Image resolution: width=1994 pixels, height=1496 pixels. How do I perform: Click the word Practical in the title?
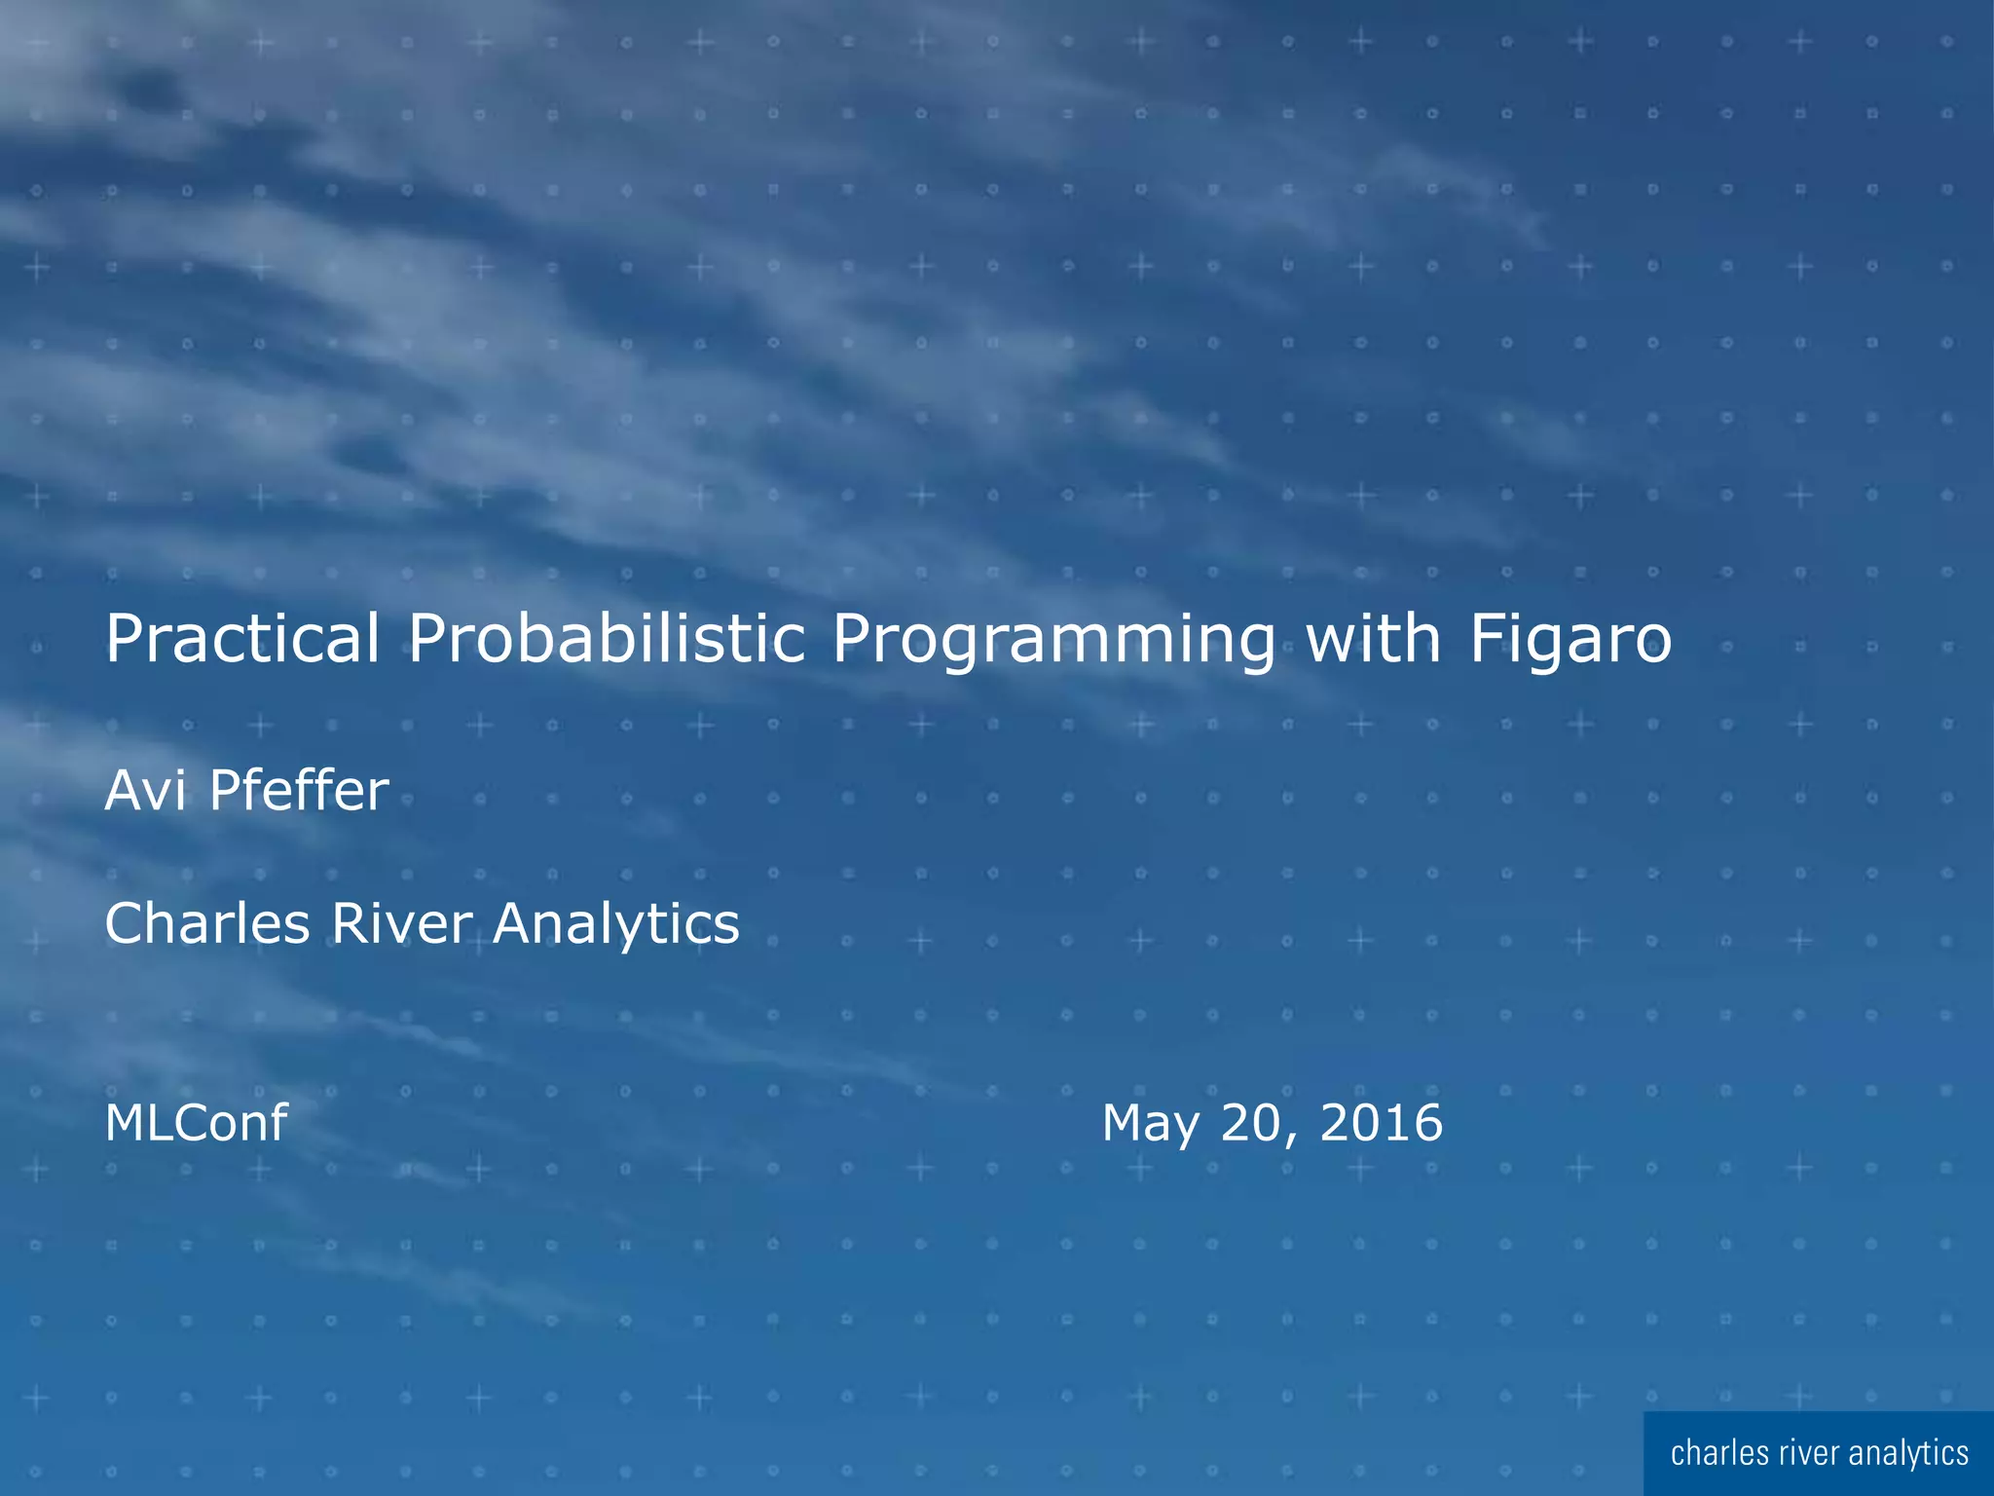pyautogui.click(x=241, y=640)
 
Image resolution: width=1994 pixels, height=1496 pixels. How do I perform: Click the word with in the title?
pyautogui.click(x=1372, y=638)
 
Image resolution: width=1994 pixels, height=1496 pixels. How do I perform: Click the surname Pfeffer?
pyautogui.click(x=299, y=790)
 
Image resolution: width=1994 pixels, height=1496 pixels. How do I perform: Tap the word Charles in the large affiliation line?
pyautogui.click(x=206, y=922)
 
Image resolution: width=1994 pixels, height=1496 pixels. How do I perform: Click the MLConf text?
pyautogui.click(x=196, y=1122)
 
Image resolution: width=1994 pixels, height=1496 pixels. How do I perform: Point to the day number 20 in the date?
pyautogui.click(x=1252, y=1122)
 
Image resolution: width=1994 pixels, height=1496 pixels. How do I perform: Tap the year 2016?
pyautogui.click(x=1381, y=1122)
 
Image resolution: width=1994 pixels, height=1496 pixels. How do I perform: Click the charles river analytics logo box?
pyautogui.click(x=1818, y=1453)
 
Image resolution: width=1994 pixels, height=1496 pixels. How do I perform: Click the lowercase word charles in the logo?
pyautogui.click(x=1719, y=1453)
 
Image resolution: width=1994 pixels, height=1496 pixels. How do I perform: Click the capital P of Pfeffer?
pyautogui.click(x=225, y=790)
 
